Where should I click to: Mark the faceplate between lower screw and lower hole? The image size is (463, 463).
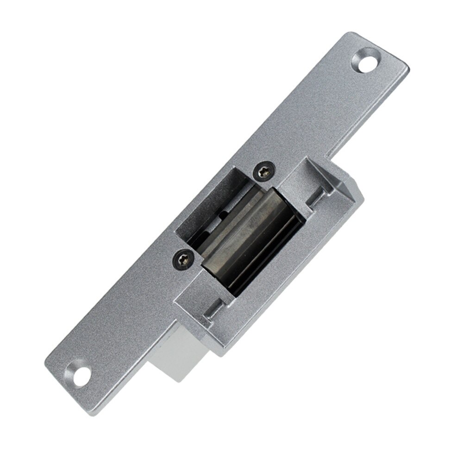pos(130,315)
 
